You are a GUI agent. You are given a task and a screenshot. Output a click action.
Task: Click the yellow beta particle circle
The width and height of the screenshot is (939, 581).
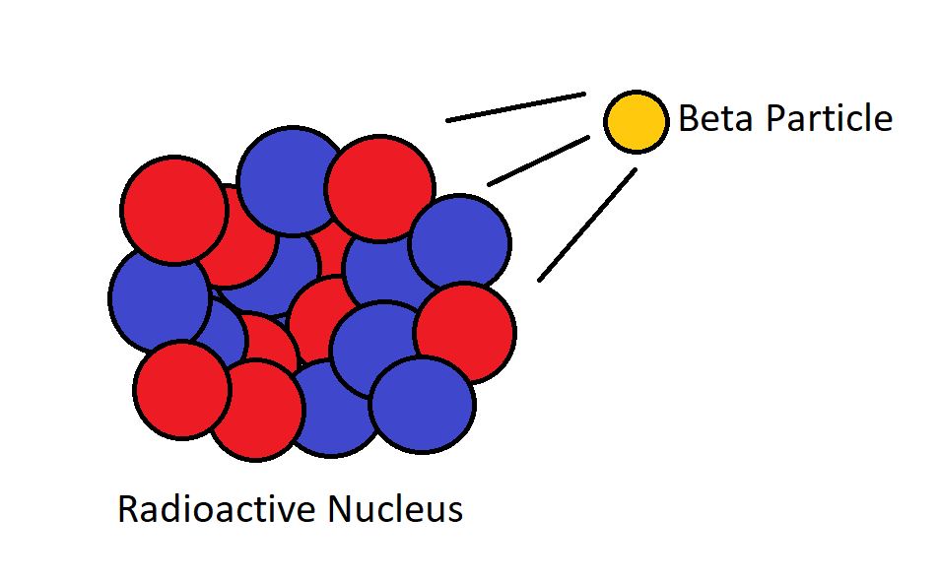point(636,122)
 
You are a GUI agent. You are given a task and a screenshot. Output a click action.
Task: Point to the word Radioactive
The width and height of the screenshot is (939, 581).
point(219,510)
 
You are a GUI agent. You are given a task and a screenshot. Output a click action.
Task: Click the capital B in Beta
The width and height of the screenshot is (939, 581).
point(689,119)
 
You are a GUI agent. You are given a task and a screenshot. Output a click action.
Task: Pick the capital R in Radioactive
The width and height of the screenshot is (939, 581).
point(127,510)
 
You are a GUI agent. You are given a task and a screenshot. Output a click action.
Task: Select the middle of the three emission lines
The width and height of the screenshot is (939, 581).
point(538,161)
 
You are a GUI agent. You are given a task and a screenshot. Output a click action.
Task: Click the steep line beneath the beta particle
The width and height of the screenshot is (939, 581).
point(586,225)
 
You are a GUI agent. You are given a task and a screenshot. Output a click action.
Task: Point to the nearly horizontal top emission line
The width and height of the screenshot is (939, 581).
point(515,107)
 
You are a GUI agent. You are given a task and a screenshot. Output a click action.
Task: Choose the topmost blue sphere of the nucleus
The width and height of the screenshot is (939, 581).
point(289,178)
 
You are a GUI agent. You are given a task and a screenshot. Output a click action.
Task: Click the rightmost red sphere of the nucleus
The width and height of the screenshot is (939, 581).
point(465,331)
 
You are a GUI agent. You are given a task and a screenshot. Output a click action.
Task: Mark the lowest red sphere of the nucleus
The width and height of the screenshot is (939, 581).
point(256,410)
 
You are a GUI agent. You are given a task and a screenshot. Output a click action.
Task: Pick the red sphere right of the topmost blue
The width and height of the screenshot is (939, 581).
point(379,188)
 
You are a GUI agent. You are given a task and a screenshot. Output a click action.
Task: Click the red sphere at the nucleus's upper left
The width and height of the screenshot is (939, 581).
point(174,210)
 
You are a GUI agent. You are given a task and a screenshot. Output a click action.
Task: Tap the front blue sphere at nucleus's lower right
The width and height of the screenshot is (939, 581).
point(423,405)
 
